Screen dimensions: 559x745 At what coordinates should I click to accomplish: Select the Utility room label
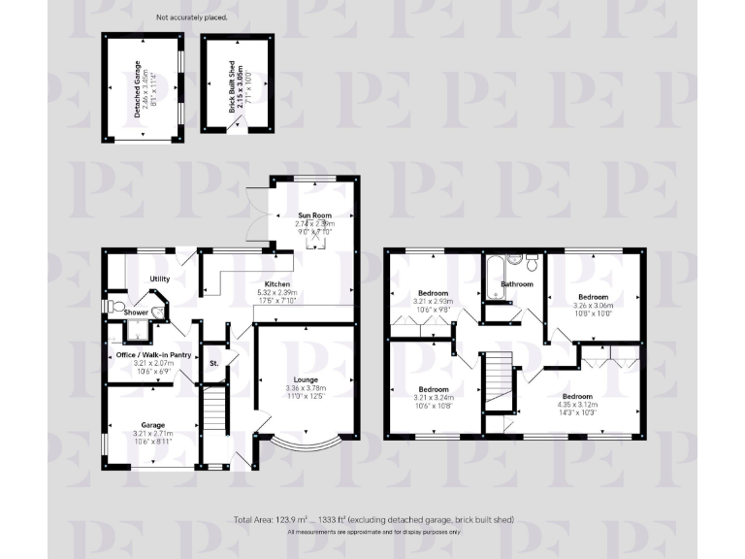click(160, 279)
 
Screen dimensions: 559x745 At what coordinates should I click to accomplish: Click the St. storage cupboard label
click(213, 363)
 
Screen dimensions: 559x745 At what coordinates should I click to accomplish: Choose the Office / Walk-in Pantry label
click(152, 355)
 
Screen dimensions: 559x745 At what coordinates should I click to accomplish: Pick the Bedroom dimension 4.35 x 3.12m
click(577, 406)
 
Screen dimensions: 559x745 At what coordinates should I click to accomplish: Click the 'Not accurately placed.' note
click(188, 16)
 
